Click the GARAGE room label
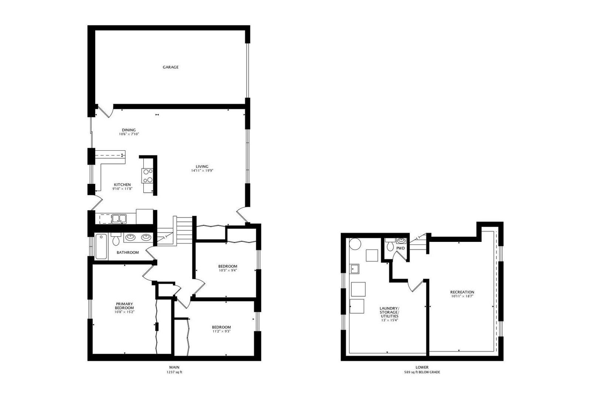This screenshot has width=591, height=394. tap(170, 67)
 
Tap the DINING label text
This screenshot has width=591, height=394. tap(129, 130)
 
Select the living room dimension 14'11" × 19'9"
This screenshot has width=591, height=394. tap(202, 171)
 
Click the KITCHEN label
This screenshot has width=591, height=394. tap(122, 185)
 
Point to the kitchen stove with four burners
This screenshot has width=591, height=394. tap(147, 176)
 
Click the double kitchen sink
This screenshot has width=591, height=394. tap(119, 219)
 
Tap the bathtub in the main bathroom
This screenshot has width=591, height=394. tap(101, 246)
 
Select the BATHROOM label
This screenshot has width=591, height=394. tap(128, 253)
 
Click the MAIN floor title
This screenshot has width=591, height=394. tap(174, 367)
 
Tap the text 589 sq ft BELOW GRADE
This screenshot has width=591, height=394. tap(422, 372)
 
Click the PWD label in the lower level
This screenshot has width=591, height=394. tap(400, 248)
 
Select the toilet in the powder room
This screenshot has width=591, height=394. tap(389, 244)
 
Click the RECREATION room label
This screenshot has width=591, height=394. tap(462, 292)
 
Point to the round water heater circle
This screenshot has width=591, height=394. tap(355, 243)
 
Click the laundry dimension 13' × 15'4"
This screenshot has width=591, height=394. tap(389, 320)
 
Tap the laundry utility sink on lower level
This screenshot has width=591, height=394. tap(354, 269)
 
